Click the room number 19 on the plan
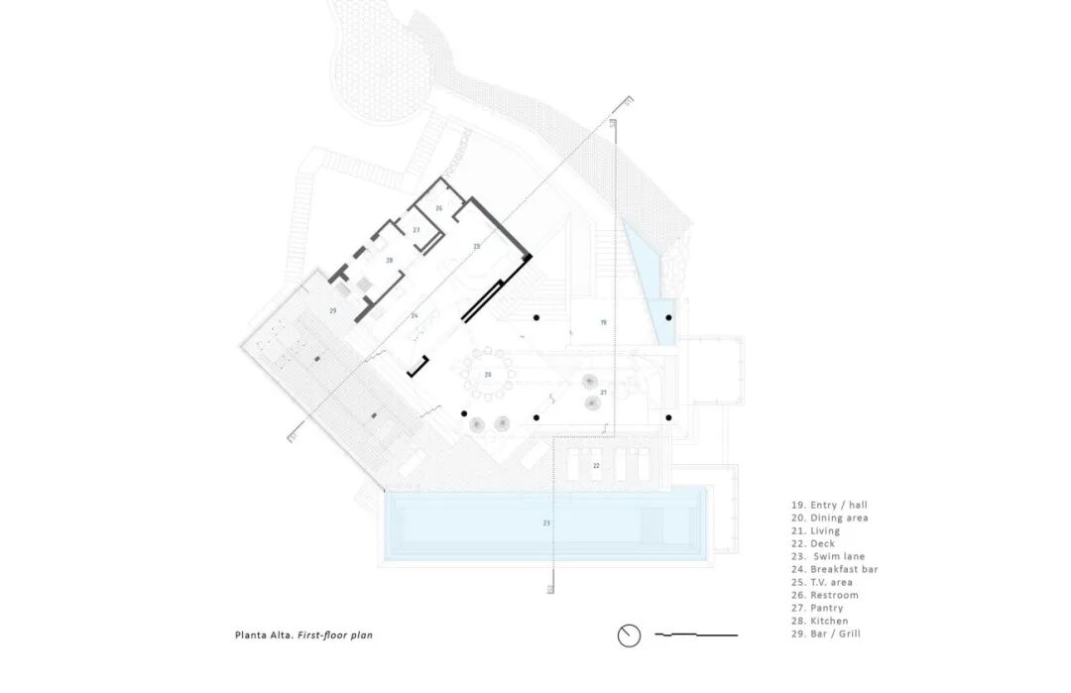pos(602,323)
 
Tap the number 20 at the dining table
pos(487,374)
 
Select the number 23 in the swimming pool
pos(545,521)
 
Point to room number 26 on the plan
pos(438,208)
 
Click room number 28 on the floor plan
pos(390,261)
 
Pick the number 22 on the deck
pos(596,465)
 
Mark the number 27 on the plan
pos(416,230)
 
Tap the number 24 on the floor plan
pos(415,315)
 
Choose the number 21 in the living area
pos(603,393)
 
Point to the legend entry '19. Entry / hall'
pos(823,505)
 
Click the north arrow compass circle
pos(629,635)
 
